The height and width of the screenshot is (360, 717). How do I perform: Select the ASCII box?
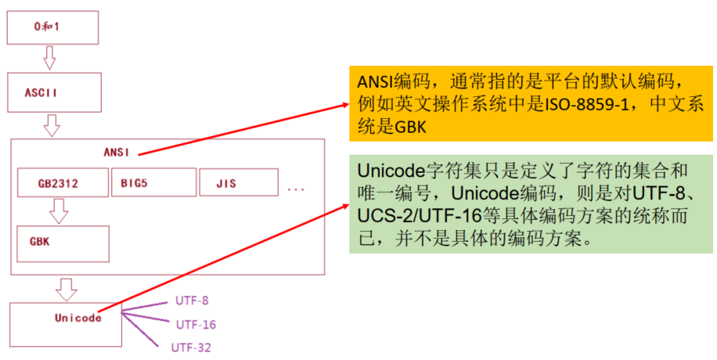(52, 92)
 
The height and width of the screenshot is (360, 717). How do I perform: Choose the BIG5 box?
(153, 182)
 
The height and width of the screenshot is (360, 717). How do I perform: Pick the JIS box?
(238, 183)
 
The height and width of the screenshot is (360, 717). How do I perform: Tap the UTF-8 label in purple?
(191, 300)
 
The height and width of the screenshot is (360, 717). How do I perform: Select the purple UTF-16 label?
(196, 324)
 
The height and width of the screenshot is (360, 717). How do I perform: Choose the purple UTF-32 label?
(191, 347)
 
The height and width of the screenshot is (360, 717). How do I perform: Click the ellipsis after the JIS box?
(296, 188)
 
